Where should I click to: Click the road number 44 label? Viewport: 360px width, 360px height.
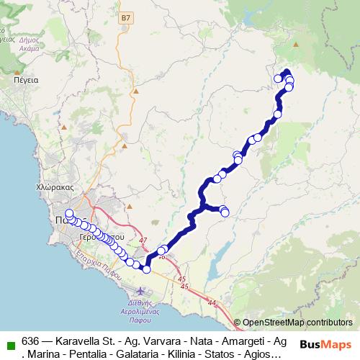pyautogui.click(x=211, y=305)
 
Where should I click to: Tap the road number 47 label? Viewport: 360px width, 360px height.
pyautogui.click(x=143, y=240)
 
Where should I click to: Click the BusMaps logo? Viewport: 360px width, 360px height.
pyautogui.click(x=325, y=343)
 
